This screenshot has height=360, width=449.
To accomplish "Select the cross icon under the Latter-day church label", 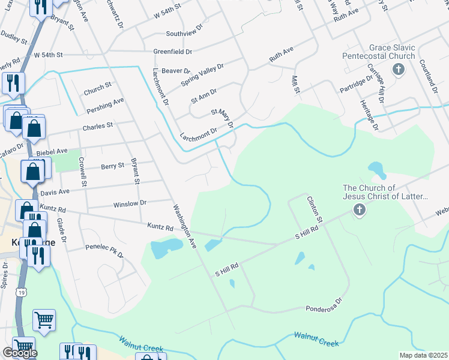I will pyautogui.click(x=359, y=210).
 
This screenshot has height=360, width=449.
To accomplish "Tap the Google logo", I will pyautogui.click(x=19, y=353).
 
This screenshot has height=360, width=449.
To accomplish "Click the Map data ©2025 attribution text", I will pyautogui.click(x=423, y=355).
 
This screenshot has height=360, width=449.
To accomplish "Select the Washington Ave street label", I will pyautogui.click(x=185, y=227).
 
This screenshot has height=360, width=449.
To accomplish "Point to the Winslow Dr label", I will pyautogui.click(x=130, y=204).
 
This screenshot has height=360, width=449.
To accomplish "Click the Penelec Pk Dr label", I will pyautogui.click(x=104, y=250).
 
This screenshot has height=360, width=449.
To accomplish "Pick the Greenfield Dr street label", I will pyautogui.click(x=172, y=52).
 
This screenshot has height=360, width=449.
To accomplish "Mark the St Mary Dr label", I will pyautogui.click(x=221, y=118).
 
